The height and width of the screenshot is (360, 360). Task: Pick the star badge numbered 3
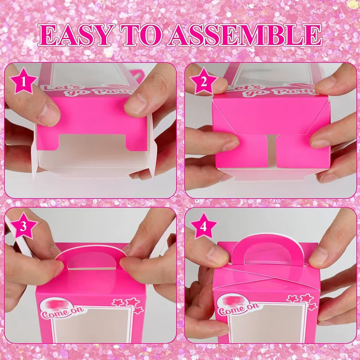pos(24,226)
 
